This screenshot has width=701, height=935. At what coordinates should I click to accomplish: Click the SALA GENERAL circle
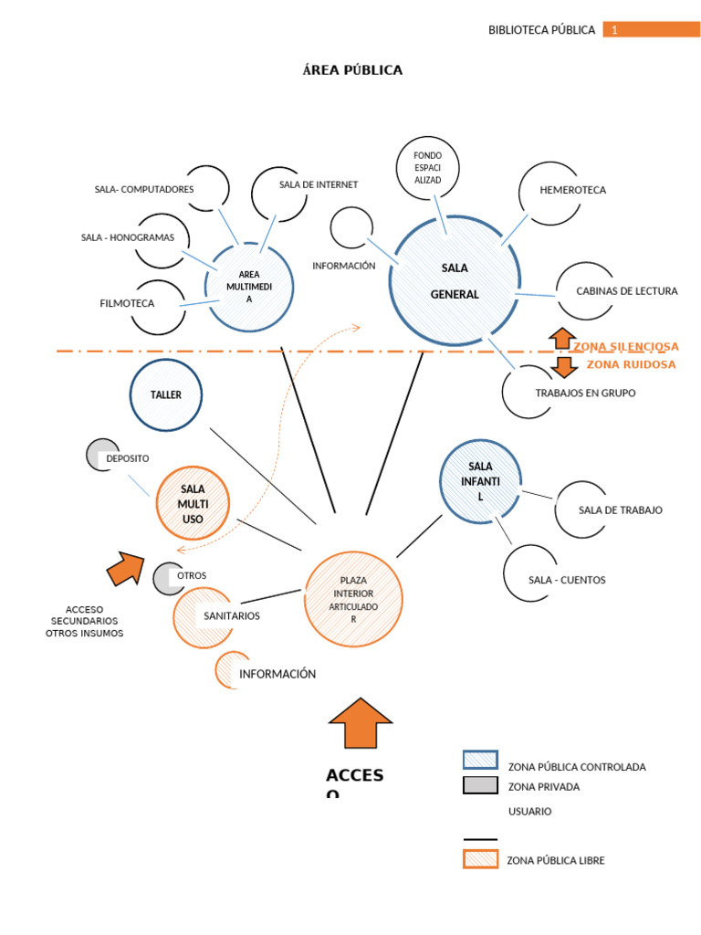[x=454, y=281]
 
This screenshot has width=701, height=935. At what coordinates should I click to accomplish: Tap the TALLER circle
[x=166, y=395]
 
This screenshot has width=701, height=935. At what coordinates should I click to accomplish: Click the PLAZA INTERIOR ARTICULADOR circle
[x=352, y=599]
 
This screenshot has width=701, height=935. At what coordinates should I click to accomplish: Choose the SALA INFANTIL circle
[x=480, y=481]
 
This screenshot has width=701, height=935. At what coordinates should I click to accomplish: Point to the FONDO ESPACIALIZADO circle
[x=427, y=168]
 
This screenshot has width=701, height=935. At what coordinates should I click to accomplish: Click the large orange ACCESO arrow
[x=361, y=723]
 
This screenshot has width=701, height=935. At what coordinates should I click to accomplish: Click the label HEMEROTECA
[x=573, y=191]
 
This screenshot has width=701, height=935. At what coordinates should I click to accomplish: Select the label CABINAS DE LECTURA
[x=626, y=291]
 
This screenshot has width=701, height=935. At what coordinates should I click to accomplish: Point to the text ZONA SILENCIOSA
[x=625, y=347]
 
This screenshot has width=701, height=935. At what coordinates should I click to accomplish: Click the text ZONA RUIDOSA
[x=631, y=364]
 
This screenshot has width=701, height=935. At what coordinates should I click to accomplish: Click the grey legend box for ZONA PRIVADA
[x=480, y=785]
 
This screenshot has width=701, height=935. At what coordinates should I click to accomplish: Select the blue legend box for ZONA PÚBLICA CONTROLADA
[x=480, y=760]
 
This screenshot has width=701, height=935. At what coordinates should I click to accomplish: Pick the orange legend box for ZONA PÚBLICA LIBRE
[x=480, y=859]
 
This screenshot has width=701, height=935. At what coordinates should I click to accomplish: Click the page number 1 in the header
[x=615, y=30]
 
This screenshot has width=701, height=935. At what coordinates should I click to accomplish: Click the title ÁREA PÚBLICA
[x=352, y=70]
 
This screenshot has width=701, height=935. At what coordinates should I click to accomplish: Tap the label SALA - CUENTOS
[x=567, y=580]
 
